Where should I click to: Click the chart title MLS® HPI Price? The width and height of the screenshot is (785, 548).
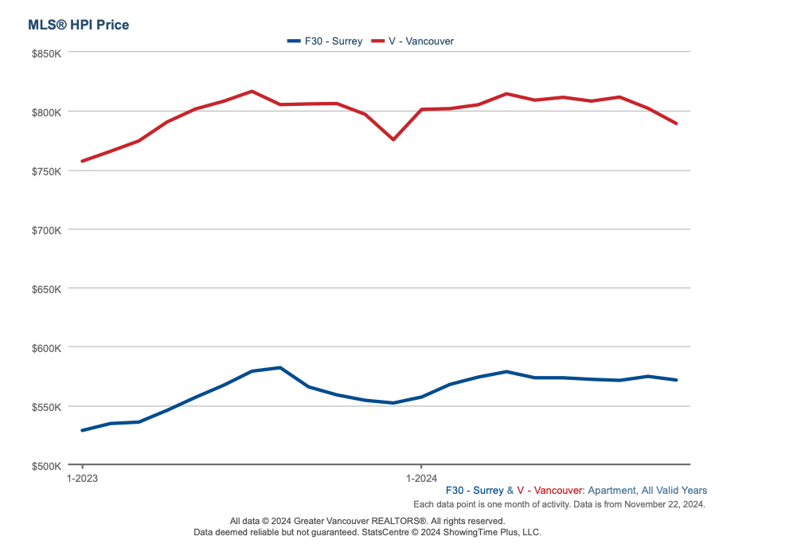(x=78, y=25)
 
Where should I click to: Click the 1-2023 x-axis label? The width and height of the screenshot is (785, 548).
(x=82, y=479)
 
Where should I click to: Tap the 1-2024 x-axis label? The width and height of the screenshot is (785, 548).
(x=421, y=479)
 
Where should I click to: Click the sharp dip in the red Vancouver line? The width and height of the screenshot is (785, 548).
(x=393, y=139)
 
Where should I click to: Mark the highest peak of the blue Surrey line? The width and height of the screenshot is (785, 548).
(x=280, y=367)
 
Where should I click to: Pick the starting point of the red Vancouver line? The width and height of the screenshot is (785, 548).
(x=82, y=161)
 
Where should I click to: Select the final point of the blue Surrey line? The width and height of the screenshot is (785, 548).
(x=676, y=380)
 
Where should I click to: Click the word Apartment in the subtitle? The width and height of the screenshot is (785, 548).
(x=611, y=491)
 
